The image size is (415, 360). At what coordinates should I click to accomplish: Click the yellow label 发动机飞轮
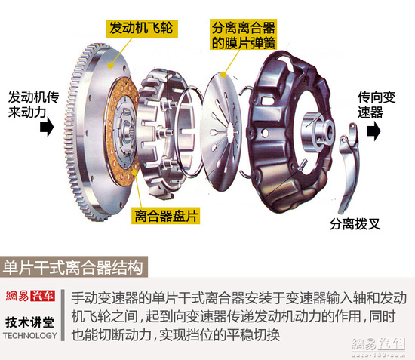[x=142, y=29]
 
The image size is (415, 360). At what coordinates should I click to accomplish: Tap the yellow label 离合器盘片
[x=166, y=216]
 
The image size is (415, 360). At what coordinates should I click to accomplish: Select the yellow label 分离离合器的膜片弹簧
[x=243, y=35]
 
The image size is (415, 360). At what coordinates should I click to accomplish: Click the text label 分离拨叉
[x=355, y=224]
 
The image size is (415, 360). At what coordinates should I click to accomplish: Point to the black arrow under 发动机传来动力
[x=47, y=127]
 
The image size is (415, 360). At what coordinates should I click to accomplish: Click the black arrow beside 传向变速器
[x=374, y=131]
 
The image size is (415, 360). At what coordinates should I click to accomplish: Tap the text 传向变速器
[x=377, y=105]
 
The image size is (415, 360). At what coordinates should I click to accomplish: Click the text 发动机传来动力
[x=34, y=104]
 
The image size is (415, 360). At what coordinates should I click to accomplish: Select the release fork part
[x=348, y=167]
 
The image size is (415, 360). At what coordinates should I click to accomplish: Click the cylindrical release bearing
[x=316, y=131]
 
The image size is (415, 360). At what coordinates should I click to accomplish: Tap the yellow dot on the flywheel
[x=111, y=65]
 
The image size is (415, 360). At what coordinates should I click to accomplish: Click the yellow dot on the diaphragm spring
[x=224, y=75]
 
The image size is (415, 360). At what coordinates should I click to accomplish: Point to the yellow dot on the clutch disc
[x=135, y=173]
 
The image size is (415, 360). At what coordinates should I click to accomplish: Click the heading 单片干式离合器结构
[x=73, y=267]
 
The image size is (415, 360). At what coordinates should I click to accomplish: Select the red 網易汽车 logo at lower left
[x=30, y=296]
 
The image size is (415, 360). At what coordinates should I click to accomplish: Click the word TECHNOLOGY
[x=30, y=336]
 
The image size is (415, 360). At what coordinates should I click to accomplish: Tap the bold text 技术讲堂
[x=30, y=322]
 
